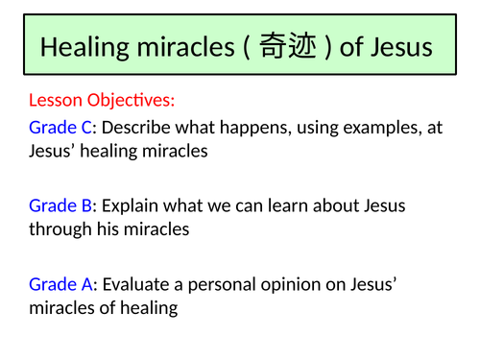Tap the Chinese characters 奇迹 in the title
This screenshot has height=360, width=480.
(288, 47)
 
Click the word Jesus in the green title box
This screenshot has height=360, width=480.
(401, 47)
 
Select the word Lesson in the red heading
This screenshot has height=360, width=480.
(57, 100)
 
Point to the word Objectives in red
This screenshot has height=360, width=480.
(132, 100)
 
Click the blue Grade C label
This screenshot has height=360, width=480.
(60, 128)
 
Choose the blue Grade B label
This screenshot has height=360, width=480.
(60, 204)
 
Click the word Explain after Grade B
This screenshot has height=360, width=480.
(131, 204)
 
